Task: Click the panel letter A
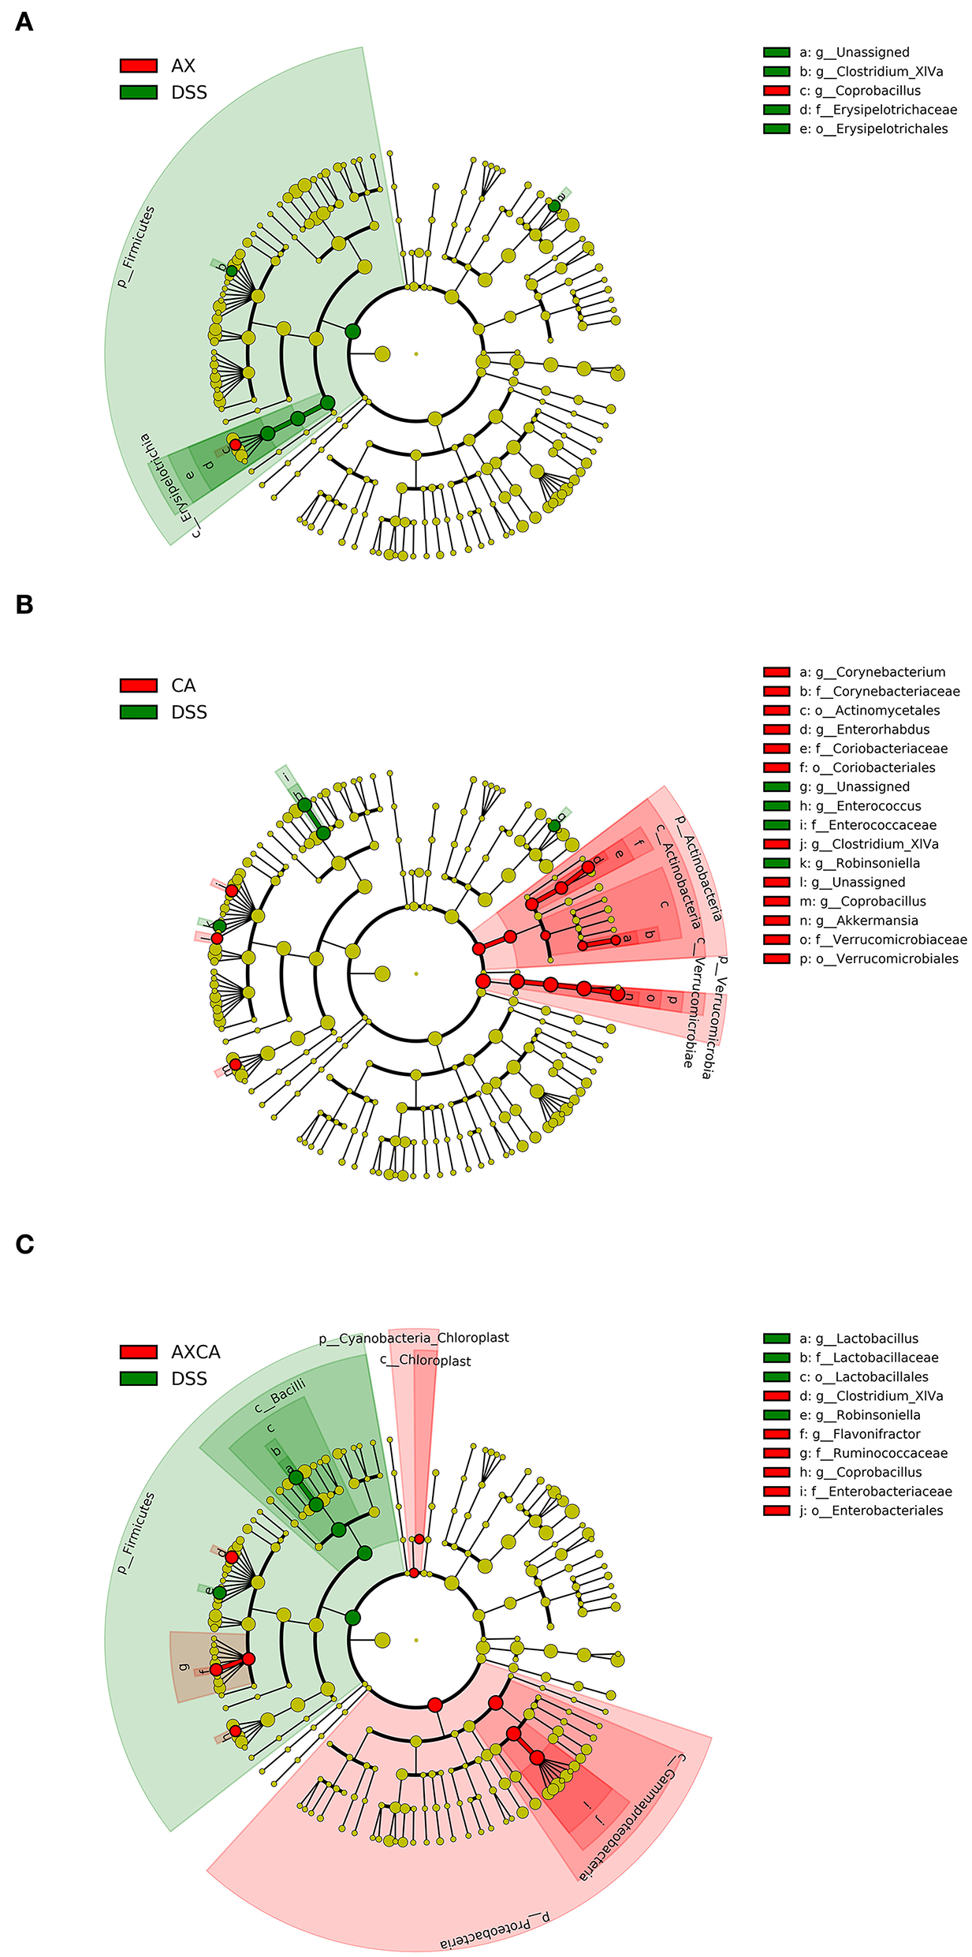click(24, 21)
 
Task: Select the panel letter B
click(24, 604)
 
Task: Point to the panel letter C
click(24, 1244)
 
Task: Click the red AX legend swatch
click(138, 65)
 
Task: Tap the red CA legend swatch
click(138, 685)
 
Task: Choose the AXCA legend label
click(196, 1352)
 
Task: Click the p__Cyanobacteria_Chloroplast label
click(414, 1339)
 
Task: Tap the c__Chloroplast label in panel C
click(426, 1361)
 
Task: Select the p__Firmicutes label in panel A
click(136, 247)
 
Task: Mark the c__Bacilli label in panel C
click(280, 1396)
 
